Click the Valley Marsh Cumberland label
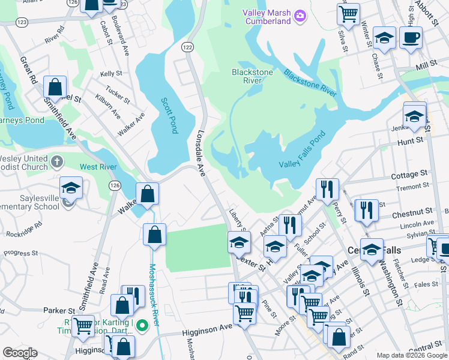pyautogui.click(x=267, y=17)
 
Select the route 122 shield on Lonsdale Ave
pyautogui.click(x=187, y=46)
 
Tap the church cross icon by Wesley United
pyautogui.click(x=57, y=161)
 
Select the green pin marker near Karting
pyautogui.click(x=142, y=326)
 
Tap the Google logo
pyautogui.click(x=19, y=353)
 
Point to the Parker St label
pyautogui.click(x=58, y=311)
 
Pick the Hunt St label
pyautogui.click(x=411, y=142)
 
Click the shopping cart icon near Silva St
pyautogui.click(x=348, y=13)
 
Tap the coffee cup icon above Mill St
pyautogui.click(x=411, y=37)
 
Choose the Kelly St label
pyautogui.click(x=112, y=74)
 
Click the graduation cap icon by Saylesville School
pyautogui.click(x=71, y=187)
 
